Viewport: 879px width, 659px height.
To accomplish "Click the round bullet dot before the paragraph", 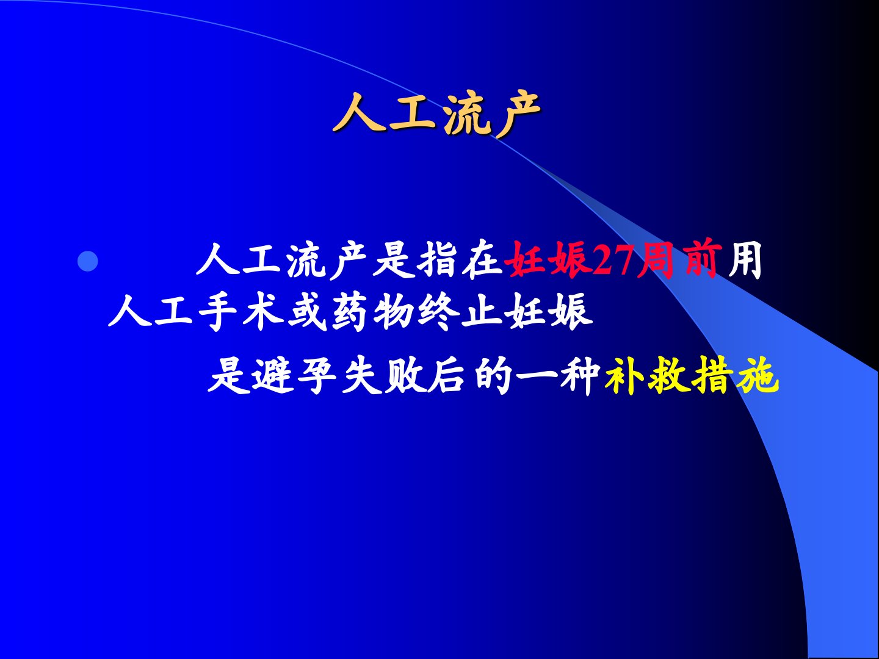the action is [x=88, y=261].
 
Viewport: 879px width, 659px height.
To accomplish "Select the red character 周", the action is [x=656, y=261].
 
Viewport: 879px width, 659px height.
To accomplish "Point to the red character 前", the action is [x=700, y=260].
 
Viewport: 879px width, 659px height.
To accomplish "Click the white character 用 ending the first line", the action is [x=744, y=261].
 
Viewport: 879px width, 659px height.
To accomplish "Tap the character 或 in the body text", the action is [x=308, y=312].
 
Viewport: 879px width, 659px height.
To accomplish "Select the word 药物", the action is [x=373, y=312].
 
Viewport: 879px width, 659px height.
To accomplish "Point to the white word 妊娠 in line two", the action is [x=548, y=312].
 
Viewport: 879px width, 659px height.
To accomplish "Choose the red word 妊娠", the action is [x=547, y=261].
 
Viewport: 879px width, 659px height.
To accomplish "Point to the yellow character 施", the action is [x=758, y=375].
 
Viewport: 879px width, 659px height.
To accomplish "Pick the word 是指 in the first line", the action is [x=415, y=261].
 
